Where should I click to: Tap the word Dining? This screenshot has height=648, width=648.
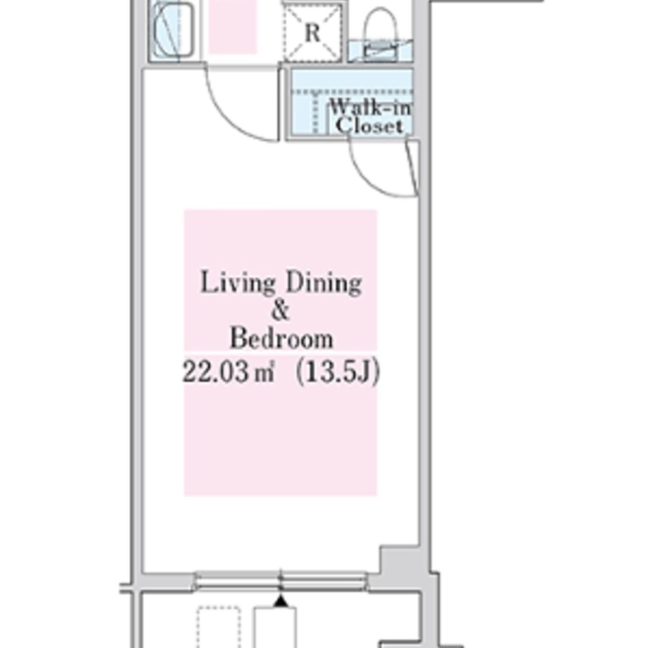[324, 283]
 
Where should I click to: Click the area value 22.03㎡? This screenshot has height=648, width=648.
[228, 371]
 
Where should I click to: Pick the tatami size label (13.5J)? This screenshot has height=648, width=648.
[337, 372]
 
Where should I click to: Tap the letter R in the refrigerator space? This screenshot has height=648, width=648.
[313, 32]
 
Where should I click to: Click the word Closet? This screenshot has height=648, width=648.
[369, 125]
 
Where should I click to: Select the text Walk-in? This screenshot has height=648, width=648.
[370, 108]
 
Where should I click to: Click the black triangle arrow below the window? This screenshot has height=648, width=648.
[281, 601]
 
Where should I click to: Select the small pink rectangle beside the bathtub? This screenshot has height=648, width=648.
[232, 27]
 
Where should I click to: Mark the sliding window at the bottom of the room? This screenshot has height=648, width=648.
[281, 582]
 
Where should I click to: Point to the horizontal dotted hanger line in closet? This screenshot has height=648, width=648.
[352, 92]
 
